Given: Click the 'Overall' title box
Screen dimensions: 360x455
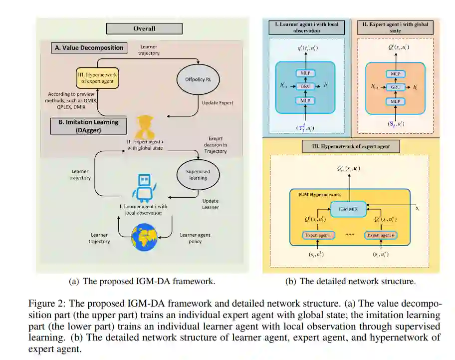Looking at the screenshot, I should coord(144,28).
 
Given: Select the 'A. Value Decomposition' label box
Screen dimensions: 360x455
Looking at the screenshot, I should coord(88,47).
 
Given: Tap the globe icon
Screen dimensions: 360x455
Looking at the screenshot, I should coord(144,237).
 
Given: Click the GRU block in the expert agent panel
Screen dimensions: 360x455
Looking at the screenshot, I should coord(395,86).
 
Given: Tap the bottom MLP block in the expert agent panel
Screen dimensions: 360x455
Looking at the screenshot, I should coord(395,100).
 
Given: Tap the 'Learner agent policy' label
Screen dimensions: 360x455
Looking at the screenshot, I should coord(195,238).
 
